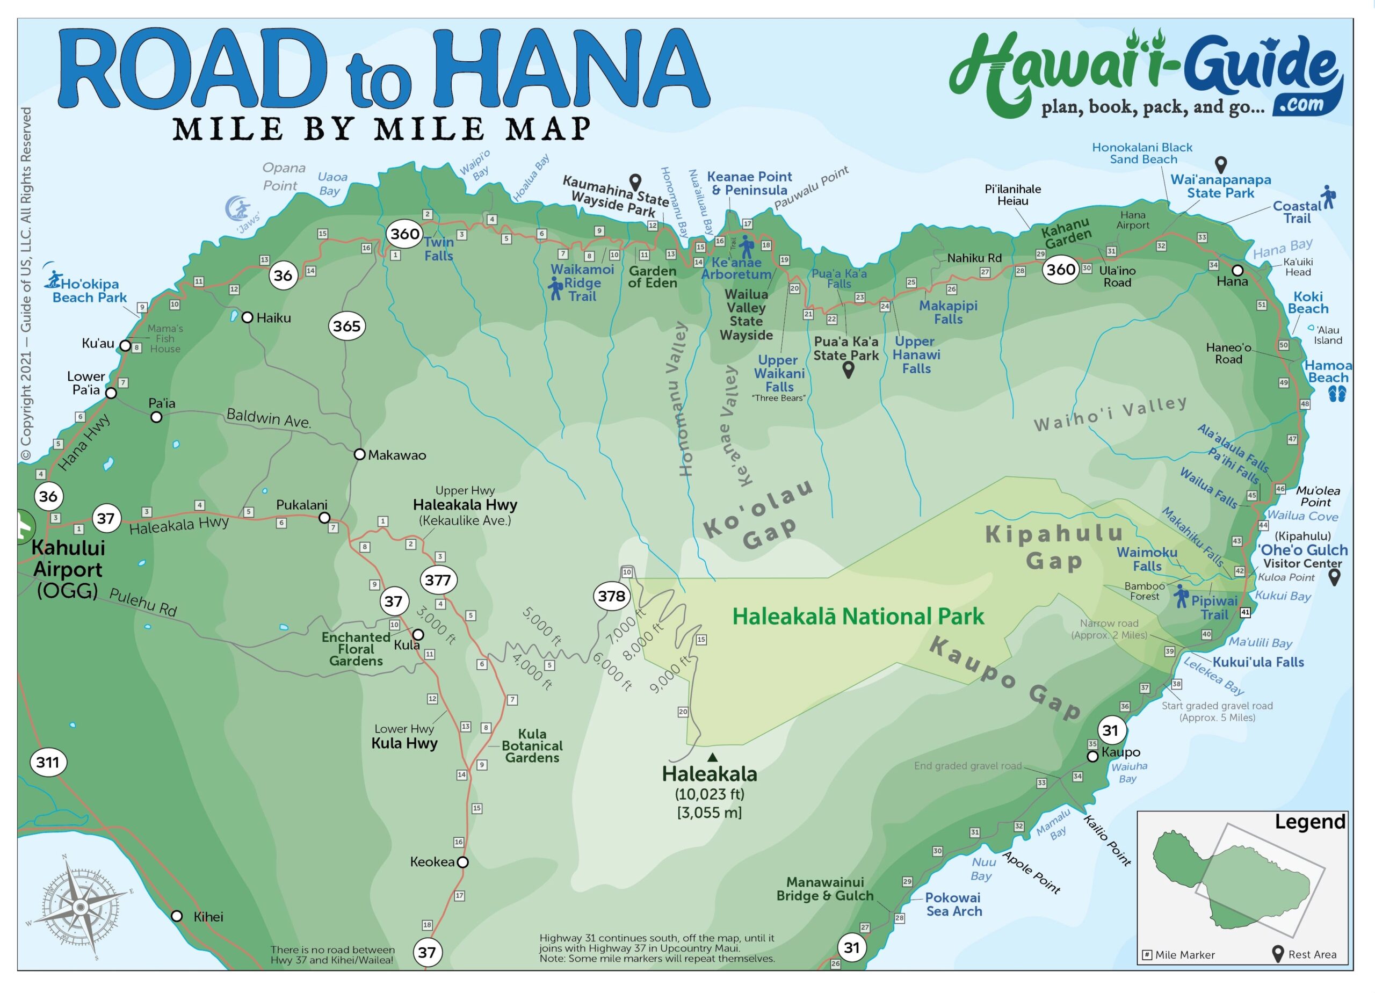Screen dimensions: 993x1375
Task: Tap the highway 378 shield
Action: click(x=611, y=597)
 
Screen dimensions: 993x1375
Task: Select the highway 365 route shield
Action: click(x=347, y=326)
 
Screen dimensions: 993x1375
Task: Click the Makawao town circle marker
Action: click(x=359, y=454)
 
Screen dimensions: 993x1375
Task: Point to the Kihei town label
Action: click(x=208, y=917)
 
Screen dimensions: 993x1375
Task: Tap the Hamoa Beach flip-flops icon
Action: click(x=1337, y=395)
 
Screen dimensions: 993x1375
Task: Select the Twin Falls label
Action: click(x=439, y=249)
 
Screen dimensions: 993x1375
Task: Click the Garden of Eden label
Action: click(x=653, y=277)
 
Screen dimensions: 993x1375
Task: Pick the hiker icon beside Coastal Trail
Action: click(x=1329, y=198)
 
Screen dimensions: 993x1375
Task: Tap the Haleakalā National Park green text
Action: click(x=858, y=617)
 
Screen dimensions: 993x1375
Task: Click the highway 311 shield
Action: click(x=48, y=762)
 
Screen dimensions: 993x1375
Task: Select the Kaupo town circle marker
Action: click(x=1092, y=757)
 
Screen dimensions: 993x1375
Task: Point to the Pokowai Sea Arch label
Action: click(x=954, y=904)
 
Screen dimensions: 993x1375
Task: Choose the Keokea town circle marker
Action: click(x=462, y=862)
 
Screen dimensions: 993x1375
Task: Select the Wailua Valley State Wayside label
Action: click(x=746, y=315)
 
